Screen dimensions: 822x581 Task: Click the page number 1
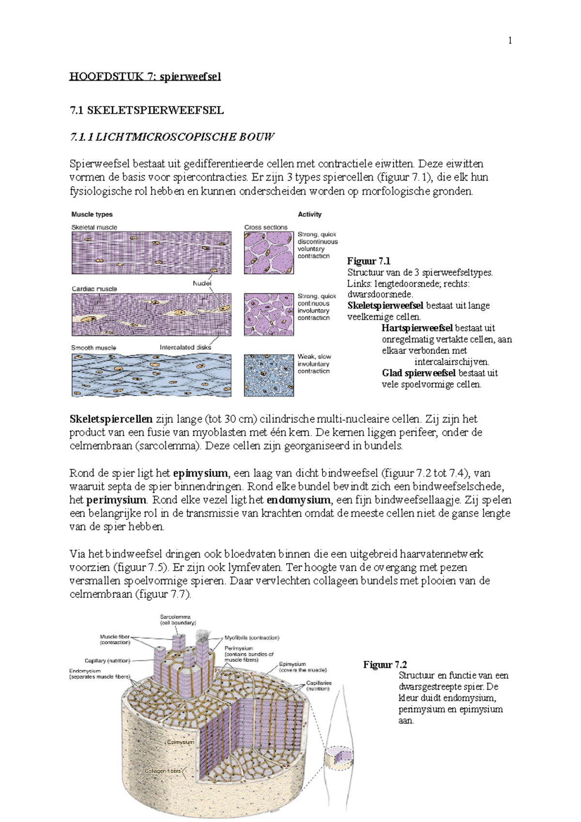[510, 41]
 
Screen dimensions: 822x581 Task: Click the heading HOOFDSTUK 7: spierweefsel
[145, 76]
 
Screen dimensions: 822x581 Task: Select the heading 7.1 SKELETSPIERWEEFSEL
[147, 110]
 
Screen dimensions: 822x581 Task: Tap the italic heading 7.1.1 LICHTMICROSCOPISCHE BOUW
[172, 137]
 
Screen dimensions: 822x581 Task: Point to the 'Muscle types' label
[92, 214]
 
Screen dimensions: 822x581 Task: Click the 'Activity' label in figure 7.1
[309, 214]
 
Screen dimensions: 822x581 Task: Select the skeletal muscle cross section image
[269, 253]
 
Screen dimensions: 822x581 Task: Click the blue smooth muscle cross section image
[269, 375]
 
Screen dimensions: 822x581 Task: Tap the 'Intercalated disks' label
[185, 348]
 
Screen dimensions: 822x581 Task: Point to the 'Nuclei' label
[202, 283]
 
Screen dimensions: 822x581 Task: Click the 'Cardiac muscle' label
[94, 289]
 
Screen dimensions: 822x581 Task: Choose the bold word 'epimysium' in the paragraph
[200, 473]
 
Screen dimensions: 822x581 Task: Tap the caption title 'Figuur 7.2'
[385, 665]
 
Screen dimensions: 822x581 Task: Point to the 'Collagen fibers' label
[162, 771]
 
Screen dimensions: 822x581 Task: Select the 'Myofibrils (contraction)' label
[252, 638]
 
